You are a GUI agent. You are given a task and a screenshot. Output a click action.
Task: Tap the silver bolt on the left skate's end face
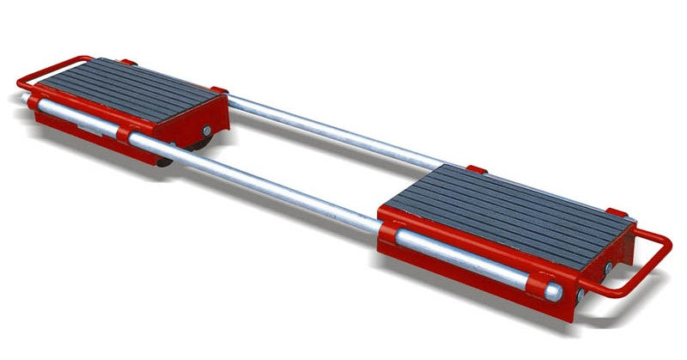click(x=33, y=103)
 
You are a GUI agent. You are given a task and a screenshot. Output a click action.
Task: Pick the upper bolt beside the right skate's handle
click(x=608, y=269)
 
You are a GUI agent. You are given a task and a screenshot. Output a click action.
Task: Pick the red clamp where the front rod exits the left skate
click(x=137, y=137)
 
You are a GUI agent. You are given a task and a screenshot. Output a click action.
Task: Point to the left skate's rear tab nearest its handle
click(x=128, y=62)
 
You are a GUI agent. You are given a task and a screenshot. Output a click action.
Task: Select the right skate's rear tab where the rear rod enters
click(x=477, y=170)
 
